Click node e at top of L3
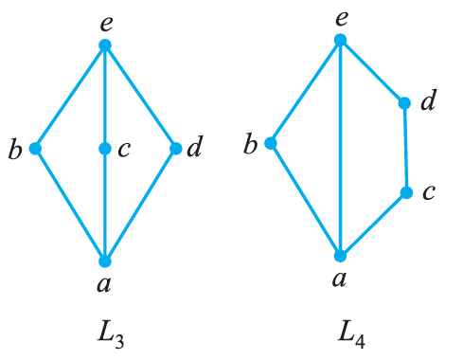(x=105, y=45)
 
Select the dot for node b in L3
(x=35, y=148)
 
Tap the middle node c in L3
(x=105, y=149)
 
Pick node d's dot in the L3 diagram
(x=175, y=148)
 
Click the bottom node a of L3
(x=105, y=261)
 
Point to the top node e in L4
(x=340, y=40)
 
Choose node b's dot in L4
(x=271, y=143)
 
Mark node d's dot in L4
(x=404, y=102)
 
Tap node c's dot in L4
(x=406, y=192)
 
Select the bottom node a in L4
(x=340, y=255)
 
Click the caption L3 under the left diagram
(x=106, y=333)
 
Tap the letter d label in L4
(x=427, y=100)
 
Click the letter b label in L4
(x=251, y=144)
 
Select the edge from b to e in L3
(x=70, y=96)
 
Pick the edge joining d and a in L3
(x=140, y=205)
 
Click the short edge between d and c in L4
(x=405, y=148)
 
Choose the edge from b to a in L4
(x=305, y=199)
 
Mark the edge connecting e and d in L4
(x=372, y=71)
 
